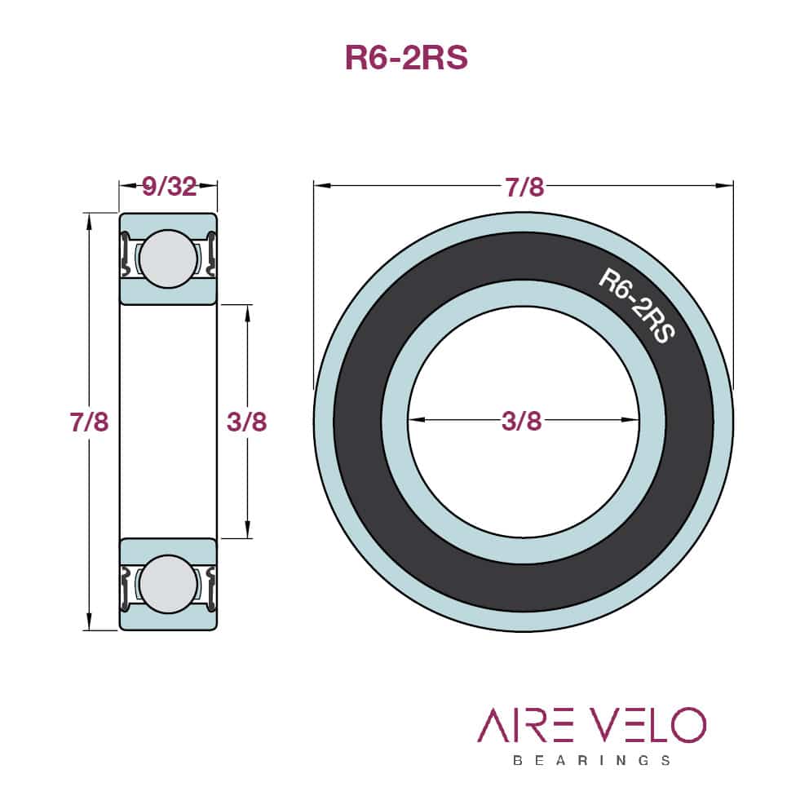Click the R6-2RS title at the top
pos(407,57)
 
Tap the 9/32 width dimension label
pos(170,186)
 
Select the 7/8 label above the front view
pos(524,187)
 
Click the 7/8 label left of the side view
pos(89,422)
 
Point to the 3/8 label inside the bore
pos(522,421)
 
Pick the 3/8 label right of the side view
pos(246,422)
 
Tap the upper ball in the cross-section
pos(168,259)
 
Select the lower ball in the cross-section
pos(168,585)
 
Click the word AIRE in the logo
pos(525,725)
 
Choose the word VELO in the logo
pos(648,725)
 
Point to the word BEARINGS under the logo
pos(592,760)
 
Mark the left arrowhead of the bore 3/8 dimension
pos(416,420)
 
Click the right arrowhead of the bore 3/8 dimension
pos(630,420)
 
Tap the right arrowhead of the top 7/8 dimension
pos(725,185)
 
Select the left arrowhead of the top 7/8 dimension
pos(322,185)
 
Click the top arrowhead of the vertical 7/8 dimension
pos(89,221)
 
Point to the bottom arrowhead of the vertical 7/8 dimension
pos(89,621)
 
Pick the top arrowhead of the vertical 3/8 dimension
pos(248,313)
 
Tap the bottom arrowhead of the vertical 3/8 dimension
pos(248,530)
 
